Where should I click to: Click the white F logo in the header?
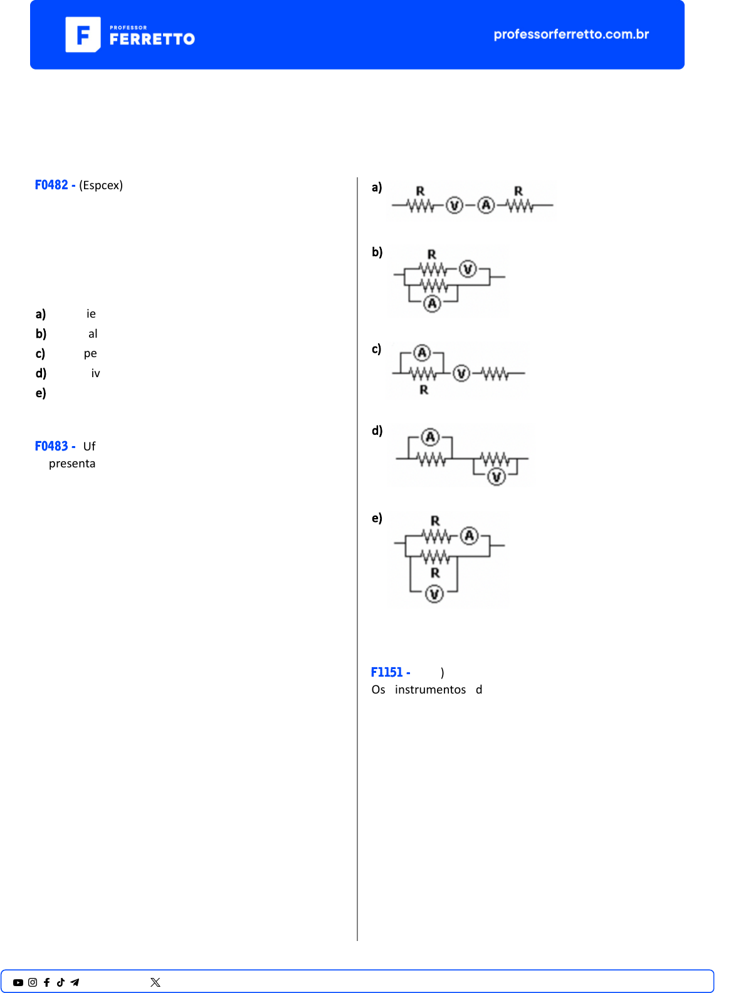coord(83,34)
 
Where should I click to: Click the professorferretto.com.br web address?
coord(571,34)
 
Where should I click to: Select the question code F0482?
coord(51,185)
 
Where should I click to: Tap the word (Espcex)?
coord(101,185)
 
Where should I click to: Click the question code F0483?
coord(51,446)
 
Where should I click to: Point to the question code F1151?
coord(387,672)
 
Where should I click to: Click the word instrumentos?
coord(430,690)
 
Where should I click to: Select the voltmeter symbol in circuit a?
coord(455,205)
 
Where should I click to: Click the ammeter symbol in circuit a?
coord(486,205)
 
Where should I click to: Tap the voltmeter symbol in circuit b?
coord(468,269)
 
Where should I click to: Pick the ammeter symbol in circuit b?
coord(432,304)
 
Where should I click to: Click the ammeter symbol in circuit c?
coord(422,353)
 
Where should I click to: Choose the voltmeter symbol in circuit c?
coord(461,373)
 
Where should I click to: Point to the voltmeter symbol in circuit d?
coord(497,477)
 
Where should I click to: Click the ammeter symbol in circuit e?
coord(470,536)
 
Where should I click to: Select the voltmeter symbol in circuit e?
coord(434,595)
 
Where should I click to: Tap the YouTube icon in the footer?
coord(18,982)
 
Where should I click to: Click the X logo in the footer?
coord(155,982)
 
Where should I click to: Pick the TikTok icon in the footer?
coord(61,982)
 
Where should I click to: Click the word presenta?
coord(72,464)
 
